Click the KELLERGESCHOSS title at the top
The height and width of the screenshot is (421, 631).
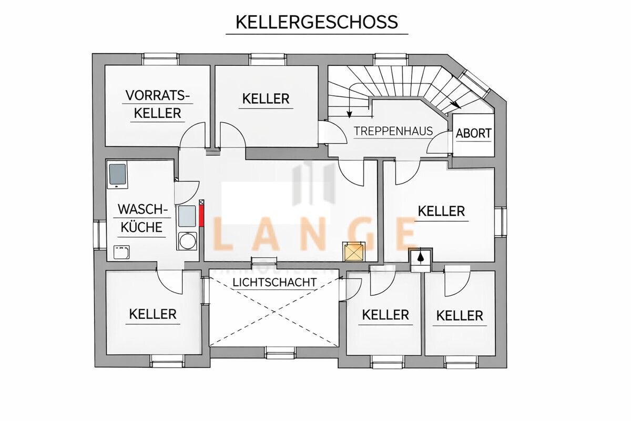point(317,22)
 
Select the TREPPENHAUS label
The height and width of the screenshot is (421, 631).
point(393,131)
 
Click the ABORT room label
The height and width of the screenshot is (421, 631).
point(473,133)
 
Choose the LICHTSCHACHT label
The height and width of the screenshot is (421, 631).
point(274,283)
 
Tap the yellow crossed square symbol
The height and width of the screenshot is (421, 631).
point(353,252)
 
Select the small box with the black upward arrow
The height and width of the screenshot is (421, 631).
point(421,257)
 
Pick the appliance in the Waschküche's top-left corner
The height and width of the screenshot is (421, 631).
point(117,175)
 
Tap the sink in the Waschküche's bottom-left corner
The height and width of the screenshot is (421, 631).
point(122,252)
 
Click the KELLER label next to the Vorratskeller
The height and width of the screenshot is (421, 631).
point(266,98)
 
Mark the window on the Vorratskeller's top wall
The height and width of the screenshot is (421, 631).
point(160,58)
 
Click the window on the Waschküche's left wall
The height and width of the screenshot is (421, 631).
point(99,235)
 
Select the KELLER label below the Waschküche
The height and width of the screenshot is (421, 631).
point(153,314)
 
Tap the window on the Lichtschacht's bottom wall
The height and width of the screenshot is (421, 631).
point(280,352)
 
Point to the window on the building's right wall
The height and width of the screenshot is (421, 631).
point(501,222)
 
